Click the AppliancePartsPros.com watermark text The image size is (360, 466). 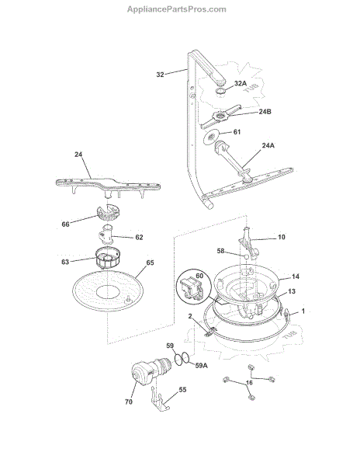click(x=177, y=9)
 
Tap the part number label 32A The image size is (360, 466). click(x=241, y=83)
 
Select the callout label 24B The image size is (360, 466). click(x=265, y=111)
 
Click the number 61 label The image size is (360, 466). click(x=237, y=132)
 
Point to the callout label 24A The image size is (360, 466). click(x=268, y=145)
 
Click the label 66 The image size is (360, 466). click(x=66, y=224)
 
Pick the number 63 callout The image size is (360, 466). click(x=65, y=262)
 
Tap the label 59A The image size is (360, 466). click(x=201, y=365)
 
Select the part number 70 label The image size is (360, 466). click(x=129, y=402)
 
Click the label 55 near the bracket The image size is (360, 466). click(x=182, y=389)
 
